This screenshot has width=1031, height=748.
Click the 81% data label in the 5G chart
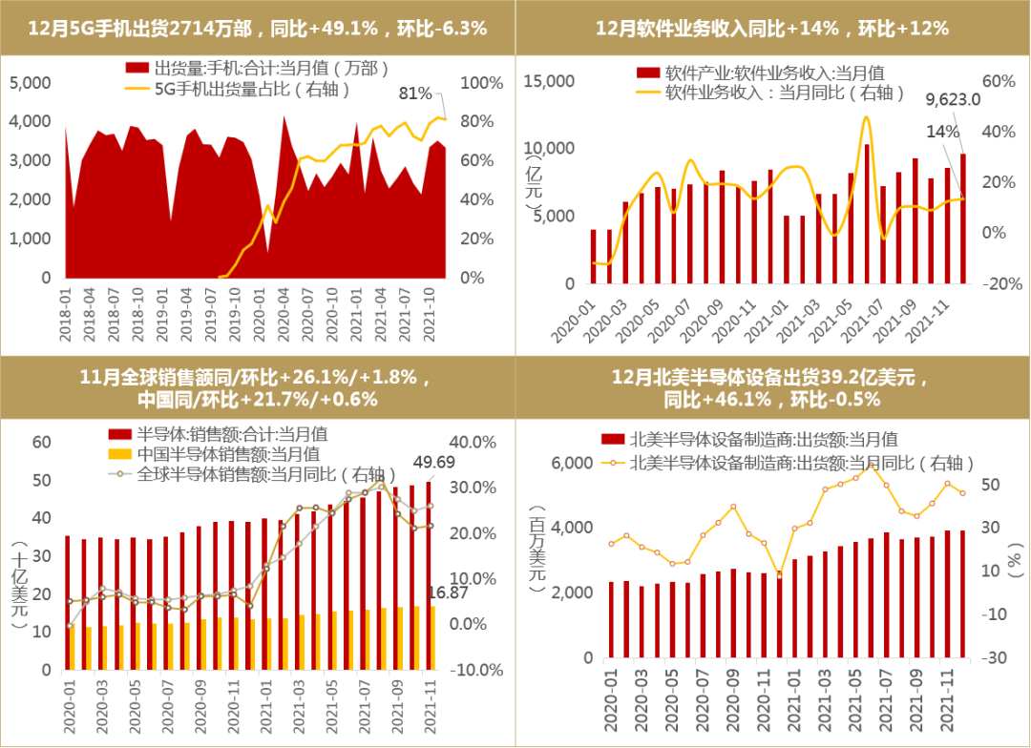(415, 93)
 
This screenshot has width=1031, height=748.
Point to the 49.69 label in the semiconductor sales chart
(433, 463)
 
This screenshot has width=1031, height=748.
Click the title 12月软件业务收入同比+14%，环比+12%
(772, 29)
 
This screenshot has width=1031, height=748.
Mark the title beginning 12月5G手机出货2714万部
(258, 29)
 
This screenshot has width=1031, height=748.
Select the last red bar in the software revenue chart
(963, 218)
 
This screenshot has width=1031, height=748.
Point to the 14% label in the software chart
(949, 132)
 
